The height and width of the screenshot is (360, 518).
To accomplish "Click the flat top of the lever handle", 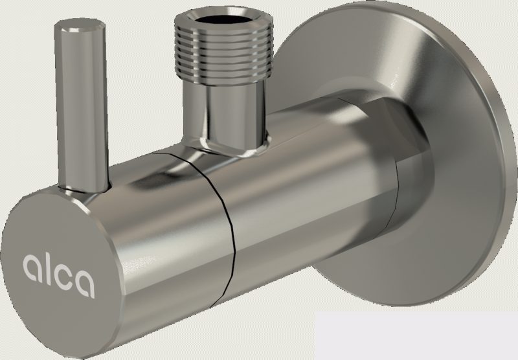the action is tap(80, 25).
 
